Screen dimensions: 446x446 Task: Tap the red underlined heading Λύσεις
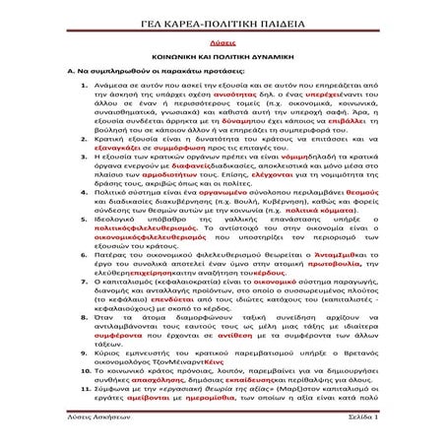(x=223, y=44)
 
